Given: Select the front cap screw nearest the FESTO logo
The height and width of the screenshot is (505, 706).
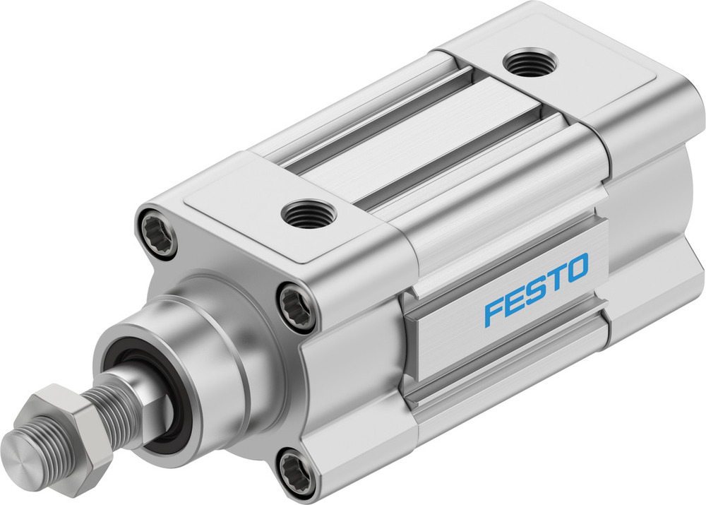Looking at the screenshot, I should (x=297, y=305).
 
